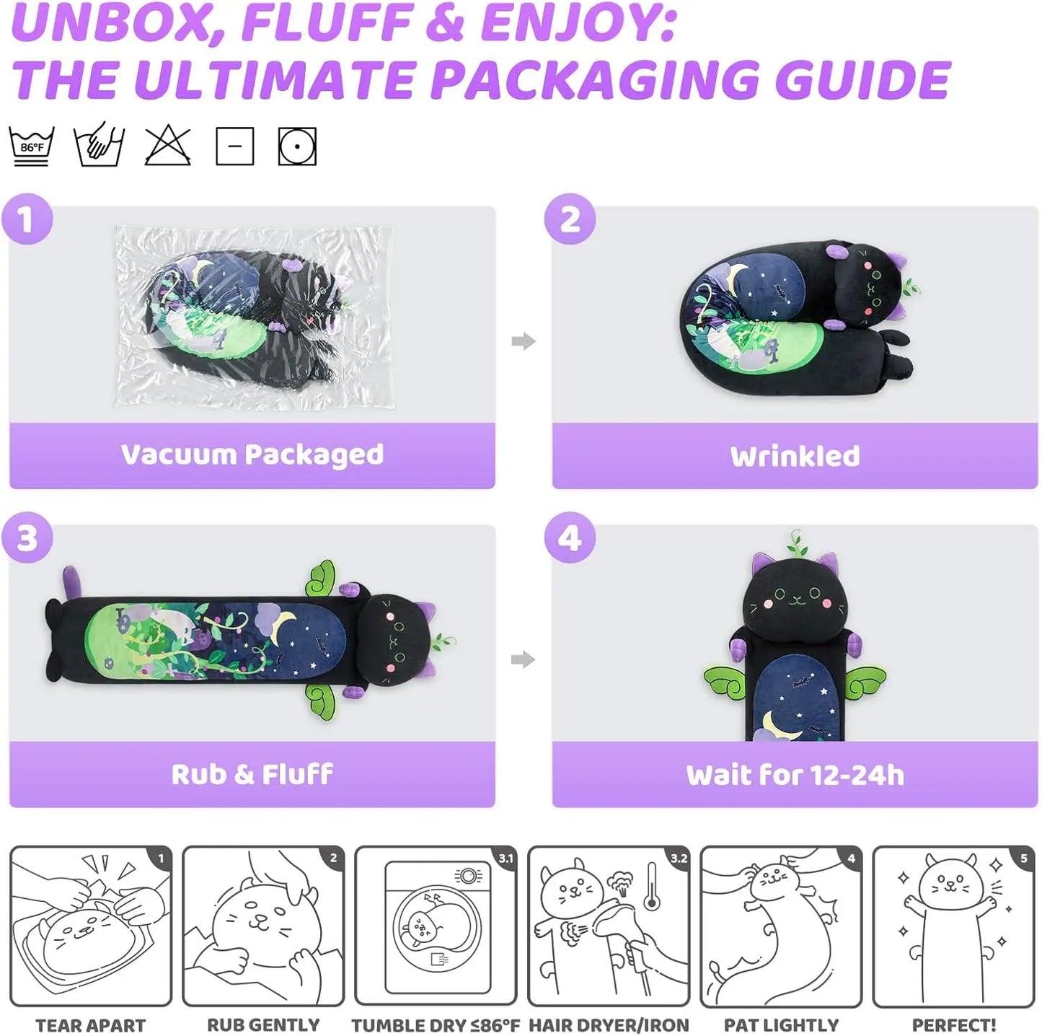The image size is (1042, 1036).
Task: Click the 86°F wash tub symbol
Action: point(32,146)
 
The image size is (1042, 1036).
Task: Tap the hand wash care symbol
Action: point(99,145)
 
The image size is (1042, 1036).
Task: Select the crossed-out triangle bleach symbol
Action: point(167,145)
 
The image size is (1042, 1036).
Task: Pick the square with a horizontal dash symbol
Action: point(234,146)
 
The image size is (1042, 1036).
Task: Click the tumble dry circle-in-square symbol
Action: point(297,146)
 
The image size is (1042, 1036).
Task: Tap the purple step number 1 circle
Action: point(27,219)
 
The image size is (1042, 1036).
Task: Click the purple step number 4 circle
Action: point(570,537)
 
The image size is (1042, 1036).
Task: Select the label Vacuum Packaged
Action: point(252,455)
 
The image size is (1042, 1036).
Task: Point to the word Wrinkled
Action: point(795,456)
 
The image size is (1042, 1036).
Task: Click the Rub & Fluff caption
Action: point(252,774)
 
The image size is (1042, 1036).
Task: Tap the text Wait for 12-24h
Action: point(795,775)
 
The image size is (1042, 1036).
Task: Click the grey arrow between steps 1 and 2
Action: point(523,341)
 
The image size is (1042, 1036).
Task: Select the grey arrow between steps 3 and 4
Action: point(523,659)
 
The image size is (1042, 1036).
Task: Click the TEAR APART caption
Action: point(91,1024)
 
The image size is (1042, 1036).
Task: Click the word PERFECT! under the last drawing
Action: point(954,1024)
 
